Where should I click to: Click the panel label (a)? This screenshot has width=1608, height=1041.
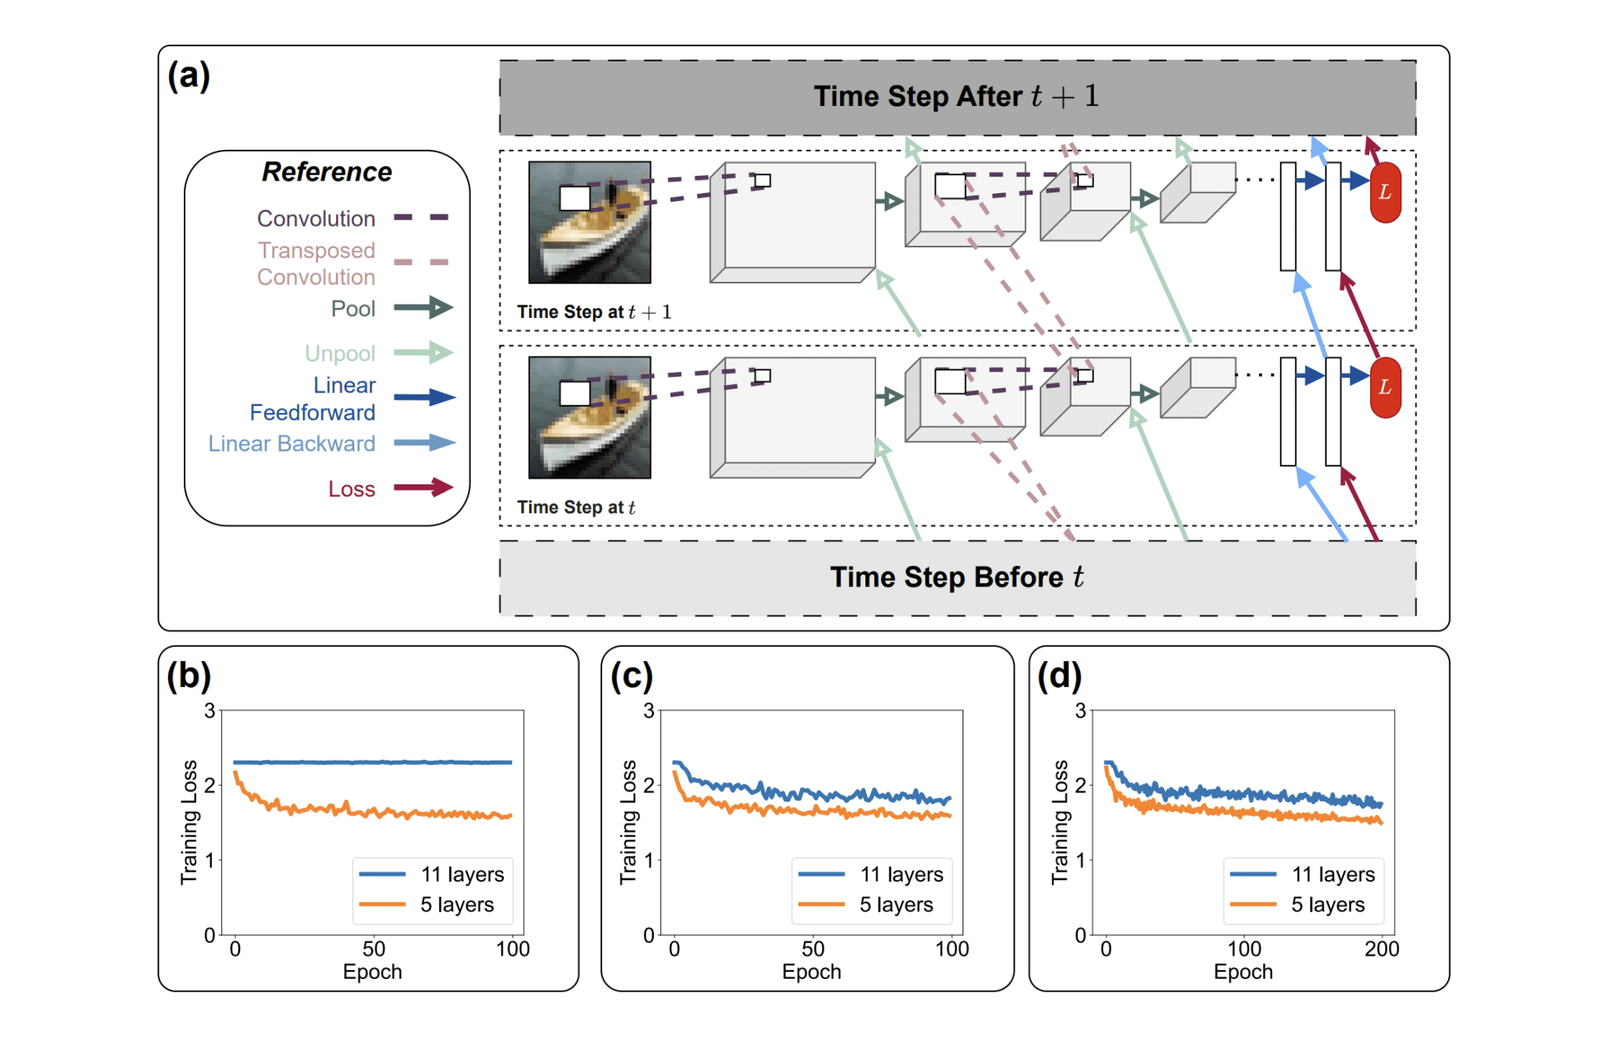pos(188,76)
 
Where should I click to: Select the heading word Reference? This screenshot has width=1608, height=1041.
pos(327,172)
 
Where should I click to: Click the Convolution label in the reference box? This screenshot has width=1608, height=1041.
pos(316,218)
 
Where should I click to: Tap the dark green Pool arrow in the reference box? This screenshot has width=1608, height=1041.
pos(423,308)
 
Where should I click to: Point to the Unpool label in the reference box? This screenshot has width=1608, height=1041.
pos(340,353)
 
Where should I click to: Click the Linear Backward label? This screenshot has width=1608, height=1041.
pos(291,444)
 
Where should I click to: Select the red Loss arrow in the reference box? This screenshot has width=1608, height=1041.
pos(423,488)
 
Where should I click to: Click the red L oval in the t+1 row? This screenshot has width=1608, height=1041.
pos(1385,192)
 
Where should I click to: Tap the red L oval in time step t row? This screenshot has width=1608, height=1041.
pos(1385,387)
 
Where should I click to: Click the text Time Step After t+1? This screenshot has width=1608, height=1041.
pos(956,97)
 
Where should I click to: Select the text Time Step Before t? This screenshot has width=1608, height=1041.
pos(956,577)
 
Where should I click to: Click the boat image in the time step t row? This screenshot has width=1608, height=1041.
pos(590,418)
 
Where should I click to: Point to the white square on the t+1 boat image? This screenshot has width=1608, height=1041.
pos(575,198)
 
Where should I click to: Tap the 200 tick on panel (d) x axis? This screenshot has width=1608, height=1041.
pos(1382,949)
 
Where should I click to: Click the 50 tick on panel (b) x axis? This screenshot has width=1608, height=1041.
pos(374,949)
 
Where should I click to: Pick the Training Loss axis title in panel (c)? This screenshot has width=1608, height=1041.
pos(628,822)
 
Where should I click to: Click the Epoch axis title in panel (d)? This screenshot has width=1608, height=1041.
pos(1243,972)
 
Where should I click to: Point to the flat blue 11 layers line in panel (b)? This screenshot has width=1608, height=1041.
pos(373,762)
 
